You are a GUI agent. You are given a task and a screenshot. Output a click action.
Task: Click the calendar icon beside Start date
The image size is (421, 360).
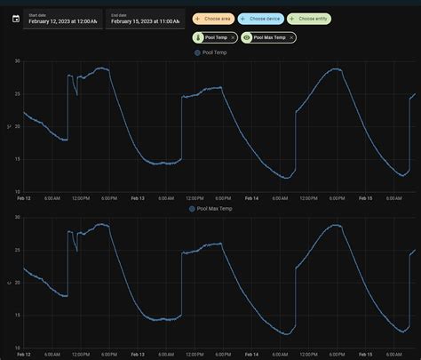(15, 19)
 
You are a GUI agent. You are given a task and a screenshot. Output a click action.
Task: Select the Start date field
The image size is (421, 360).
(62, 19)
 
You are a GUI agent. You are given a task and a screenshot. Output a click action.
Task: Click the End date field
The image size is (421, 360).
(143, 19)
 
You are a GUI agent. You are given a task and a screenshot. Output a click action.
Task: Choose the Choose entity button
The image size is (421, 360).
(308, 18)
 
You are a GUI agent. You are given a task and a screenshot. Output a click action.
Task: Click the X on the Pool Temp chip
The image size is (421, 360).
(233, 37)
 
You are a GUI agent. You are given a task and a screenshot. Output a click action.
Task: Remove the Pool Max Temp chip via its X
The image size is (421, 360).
(290, 37)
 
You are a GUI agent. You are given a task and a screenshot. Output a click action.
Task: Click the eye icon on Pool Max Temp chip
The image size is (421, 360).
(247, 37)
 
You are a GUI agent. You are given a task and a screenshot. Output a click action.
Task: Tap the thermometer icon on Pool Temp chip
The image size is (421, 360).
(197, 37)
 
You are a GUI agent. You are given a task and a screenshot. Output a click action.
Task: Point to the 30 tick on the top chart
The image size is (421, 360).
(17, 61)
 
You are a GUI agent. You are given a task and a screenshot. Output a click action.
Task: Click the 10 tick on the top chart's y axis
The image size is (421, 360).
(17, 191)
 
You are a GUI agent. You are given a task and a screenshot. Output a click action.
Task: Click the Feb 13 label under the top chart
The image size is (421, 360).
(137, 199)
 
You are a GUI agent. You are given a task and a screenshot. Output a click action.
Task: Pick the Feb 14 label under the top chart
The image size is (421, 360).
(251, 199)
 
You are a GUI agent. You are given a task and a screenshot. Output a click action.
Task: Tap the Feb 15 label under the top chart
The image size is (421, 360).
(365, 199)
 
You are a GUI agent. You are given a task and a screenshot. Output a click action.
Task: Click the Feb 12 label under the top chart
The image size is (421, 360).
(24, 199)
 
